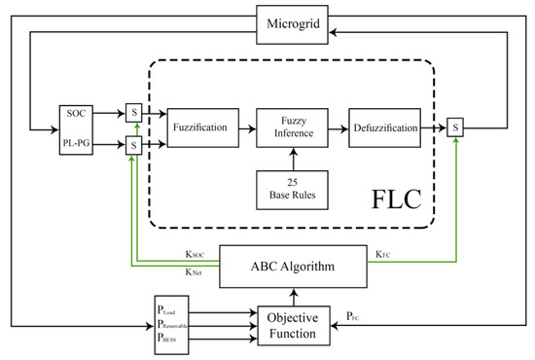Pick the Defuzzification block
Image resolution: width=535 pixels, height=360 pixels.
tap(385, 126)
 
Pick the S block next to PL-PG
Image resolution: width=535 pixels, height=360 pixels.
tap(133, 145)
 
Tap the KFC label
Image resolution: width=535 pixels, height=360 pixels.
tap(384, 255)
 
